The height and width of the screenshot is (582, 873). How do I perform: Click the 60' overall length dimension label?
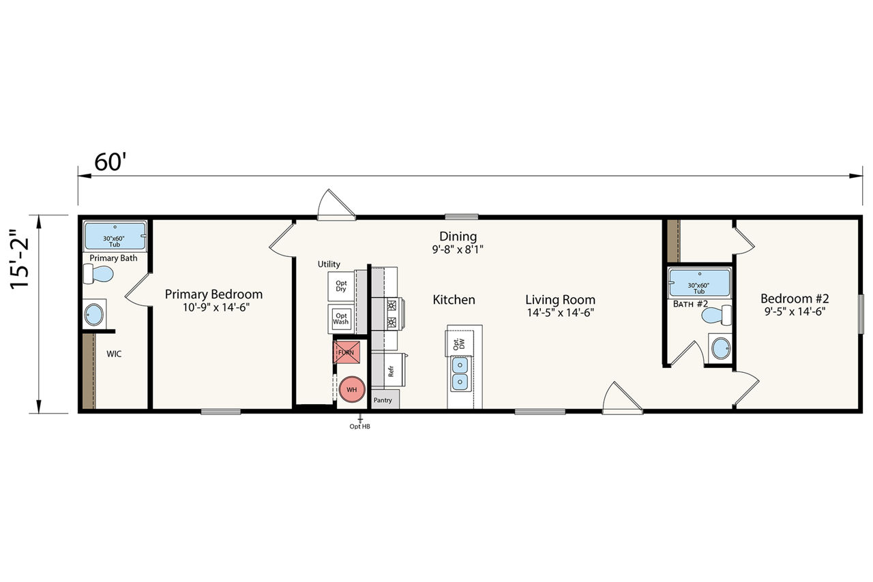pyautogui.click(x=110, y=162)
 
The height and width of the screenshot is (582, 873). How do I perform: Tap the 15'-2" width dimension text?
pyautogui.click(x=20, y=259)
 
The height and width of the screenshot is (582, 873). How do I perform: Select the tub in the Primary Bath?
pyautogui.click(x=115, y=236)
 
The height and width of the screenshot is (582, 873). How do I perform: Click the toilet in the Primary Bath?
pyautogui.click(x=98, y=274)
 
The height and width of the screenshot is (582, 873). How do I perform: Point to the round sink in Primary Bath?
pyautogui.click(x=94, y=314)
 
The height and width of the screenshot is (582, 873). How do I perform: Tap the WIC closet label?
pyautogui.click(x=114, y=354)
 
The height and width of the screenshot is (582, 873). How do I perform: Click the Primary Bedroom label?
pyautogui.click(x=213, y=294)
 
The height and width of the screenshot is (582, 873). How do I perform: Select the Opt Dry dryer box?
pyautogui.click(x=340, y=286)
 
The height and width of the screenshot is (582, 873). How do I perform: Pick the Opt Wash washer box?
pyautogui.click(x=340, y=319)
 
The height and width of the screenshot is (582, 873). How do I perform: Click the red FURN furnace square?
pyautogui.click(x=346, y=352)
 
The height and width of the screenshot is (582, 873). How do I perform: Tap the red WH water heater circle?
pyautogui.click(x=351, y=389)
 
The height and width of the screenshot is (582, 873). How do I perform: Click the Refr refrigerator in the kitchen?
pyautogui.click(x=389, y=369)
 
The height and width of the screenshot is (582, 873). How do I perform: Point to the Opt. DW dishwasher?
pyautogui.click(x=460, y=343)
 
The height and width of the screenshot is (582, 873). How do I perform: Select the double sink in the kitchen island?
pyautogui.click(x=460, y=374)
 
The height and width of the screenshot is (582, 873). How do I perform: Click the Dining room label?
pyautogui.click(x=458, y=236)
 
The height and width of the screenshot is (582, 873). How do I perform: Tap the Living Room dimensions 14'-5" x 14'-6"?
pyautogui.click(x=560, y=312)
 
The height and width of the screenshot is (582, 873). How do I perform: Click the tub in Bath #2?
pyautogui.click(x=699, y=282)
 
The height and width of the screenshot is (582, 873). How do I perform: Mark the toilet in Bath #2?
pyautogui.click(x=716, y=315)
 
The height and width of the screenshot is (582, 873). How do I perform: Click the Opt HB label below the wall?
pyautogui.click(x=359, y=427)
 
